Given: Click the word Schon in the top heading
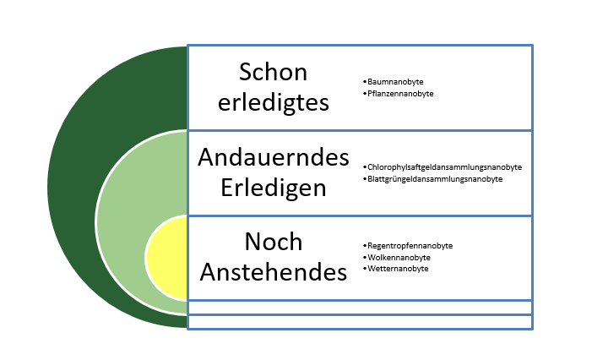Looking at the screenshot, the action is (x=273, y=72).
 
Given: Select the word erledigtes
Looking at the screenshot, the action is (x=274, y=102).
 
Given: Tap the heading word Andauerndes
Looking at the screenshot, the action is (x=274, y=157).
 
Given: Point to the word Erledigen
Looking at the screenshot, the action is (x=274, y=188).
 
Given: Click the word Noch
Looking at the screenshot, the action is (x=274, y=242).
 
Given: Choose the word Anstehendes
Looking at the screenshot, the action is (x=274, y=272).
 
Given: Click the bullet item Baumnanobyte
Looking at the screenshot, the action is (x=395, y=82).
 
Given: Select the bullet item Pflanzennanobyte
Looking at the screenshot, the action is (x=400, y=94).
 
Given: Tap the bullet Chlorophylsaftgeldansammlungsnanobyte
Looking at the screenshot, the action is (x=444, y=167).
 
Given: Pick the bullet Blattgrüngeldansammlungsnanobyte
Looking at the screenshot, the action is (x=435, y=179).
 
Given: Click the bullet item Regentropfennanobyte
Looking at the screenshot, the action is (x=410, y=246).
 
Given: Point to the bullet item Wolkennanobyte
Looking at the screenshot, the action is (x=399, y=258).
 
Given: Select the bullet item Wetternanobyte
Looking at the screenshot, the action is (x=398, y=269).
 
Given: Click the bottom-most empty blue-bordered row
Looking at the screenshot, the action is (x=360, y=322).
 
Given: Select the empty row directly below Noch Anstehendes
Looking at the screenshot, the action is (x=360, y=308).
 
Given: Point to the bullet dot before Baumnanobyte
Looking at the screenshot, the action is (x=365, y=82).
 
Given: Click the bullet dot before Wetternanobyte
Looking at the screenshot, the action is (x=365, y=268).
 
